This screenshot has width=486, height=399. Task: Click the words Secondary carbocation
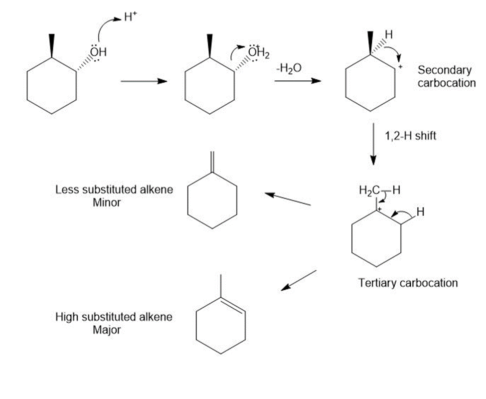pyautogui.click(x=446, y=76)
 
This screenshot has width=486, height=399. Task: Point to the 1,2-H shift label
pyautogui.click(x=410, y=136)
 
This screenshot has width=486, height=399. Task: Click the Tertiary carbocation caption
pyautogui.click(x=408, y=283)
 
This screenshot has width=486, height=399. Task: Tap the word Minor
pyautogui.click(x=107, y=202)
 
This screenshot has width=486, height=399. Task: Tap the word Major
pyautogui.click(x=107, y=330)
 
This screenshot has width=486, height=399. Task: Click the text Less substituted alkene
pyautogui.click(x=114, y=190)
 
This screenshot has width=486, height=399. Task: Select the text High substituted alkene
pyautogui.click(x=114, y=317)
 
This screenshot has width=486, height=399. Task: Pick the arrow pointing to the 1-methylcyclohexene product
pyautogui.click(x=299, y=280)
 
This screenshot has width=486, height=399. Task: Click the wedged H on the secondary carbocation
pyautogui.click(x=388, y=35)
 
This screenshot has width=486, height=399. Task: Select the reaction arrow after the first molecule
pyautogui.click(x=143, y=81)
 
